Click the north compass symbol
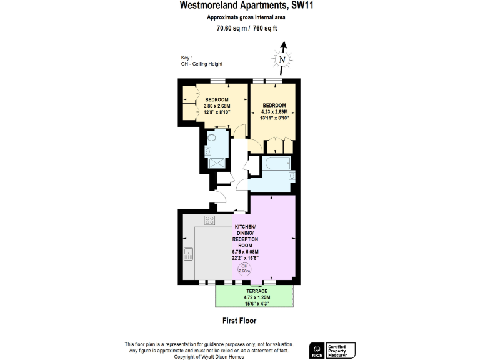[x=283, y=59]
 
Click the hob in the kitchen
[x=210, y=220]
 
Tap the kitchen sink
[x=189, y=254]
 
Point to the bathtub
[x=276, y=164]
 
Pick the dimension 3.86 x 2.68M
[x=217, y=106]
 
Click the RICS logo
[x=317, y=350]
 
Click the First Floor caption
[x=239, y=321]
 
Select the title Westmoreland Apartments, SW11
[x=239, y=6]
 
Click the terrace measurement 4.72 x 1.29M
[x=256, y=297]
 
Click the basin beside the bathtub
[x=291, y=176]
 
